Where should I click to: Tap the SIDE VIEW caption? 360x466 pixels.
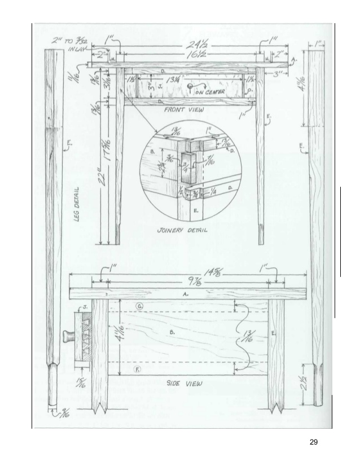[x=186, y=383]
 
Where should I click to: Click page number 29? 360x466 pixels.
[x=315, y=442]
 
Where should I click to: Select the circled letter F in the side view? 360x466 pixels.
[x=136, y=370]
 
